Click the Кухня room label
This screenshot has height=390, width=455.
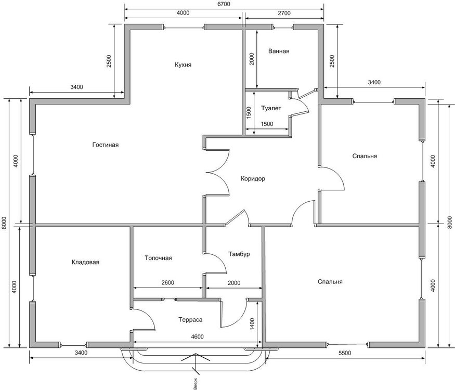click(x=183, y=64)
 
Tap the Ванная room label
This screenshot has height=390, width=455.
click(x=279, y=51)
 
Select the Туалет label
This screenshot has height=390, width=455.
click(x=271, y=108)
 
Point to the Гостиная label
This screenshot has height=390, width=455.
click(x=106, y=145)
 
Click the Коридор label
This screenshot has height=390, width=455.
click(x=253, y=179)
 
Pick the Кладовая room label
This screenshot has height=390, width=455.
click(x=85, y=262)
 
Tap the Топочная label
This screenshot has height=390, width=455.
click(x=158, y=258)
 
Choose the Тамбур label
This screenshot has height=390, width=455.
click(x=239, y=254)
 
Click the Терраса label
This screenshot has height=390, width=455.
click(x=190, y=320)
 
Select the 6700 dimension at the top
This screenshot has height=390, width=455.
click(x=224, y=4)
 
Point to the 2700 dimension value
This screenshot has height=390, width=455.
click(x=284, y=13)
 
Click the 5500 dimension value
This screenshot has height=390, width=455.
click(x=345, y=353)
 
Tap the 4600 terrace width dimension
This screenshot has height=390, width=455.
click(x=197, y=336)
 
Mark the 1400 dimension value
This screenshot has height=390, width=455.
click(x=252, y=324)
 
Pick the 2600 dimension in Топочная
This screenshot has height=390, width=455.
click(x=168, y=283)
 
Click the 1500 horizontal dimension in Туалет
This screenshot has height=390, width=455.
click(x=267, y=124)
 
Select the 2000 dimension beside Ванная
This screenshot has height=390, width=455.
click(x=252, y=59)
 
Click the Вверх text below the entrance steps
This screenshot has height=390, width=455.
click(x=196, y=383)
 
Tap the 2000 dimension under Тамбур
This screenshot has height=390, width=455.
click(x=234, y=283)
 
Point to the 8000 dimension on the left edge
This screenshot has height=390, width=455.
click(x=4, y=223)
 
